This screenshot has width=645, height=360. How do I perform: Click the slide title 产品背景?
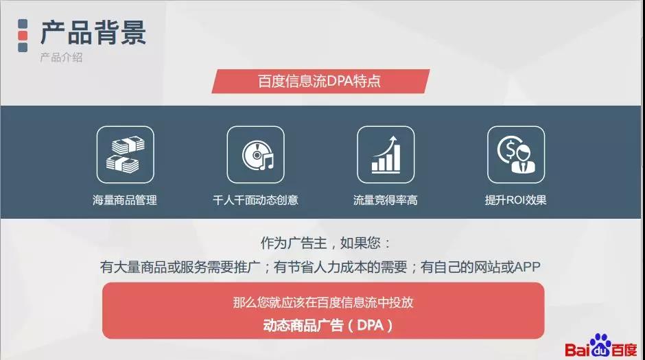93,32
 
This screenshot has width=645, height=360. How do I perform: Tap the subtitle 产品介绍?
61,57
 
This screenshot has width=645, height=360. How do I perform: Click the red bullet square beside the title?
23,36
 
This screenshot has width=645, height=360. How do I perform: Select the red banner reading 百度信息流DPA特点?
320,81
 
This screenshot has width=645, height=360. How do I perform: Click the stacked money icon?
126,154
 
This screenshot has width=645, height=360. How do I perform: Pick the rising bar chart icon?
386,154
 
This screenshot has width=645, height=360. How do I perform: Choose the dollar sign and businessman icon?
516,154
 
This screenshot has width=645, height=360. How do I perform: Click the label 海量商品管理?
125,200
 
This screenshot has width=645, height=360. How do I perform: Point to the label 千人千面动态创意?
255,200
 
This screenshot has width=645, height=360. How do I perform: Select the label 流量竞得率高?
386,200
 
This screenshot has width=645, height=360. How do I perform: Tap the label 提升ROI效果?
515,200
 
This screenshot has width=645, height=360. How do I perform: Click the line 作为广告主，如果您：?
325,243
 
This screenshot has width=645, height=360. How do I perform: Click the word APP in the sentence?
527,267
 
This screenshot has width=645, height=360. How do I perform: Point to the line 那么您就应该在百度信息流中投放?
323,302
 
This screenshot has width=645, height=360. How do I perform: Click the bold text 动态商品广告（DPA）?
328,326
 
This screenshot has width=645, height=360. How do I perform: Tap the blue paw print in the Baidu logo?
600,345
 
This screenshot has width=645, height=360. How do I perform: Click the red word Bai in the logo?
578,350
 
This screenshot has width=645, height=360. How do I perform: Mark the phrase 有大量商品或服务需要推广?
180,267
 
